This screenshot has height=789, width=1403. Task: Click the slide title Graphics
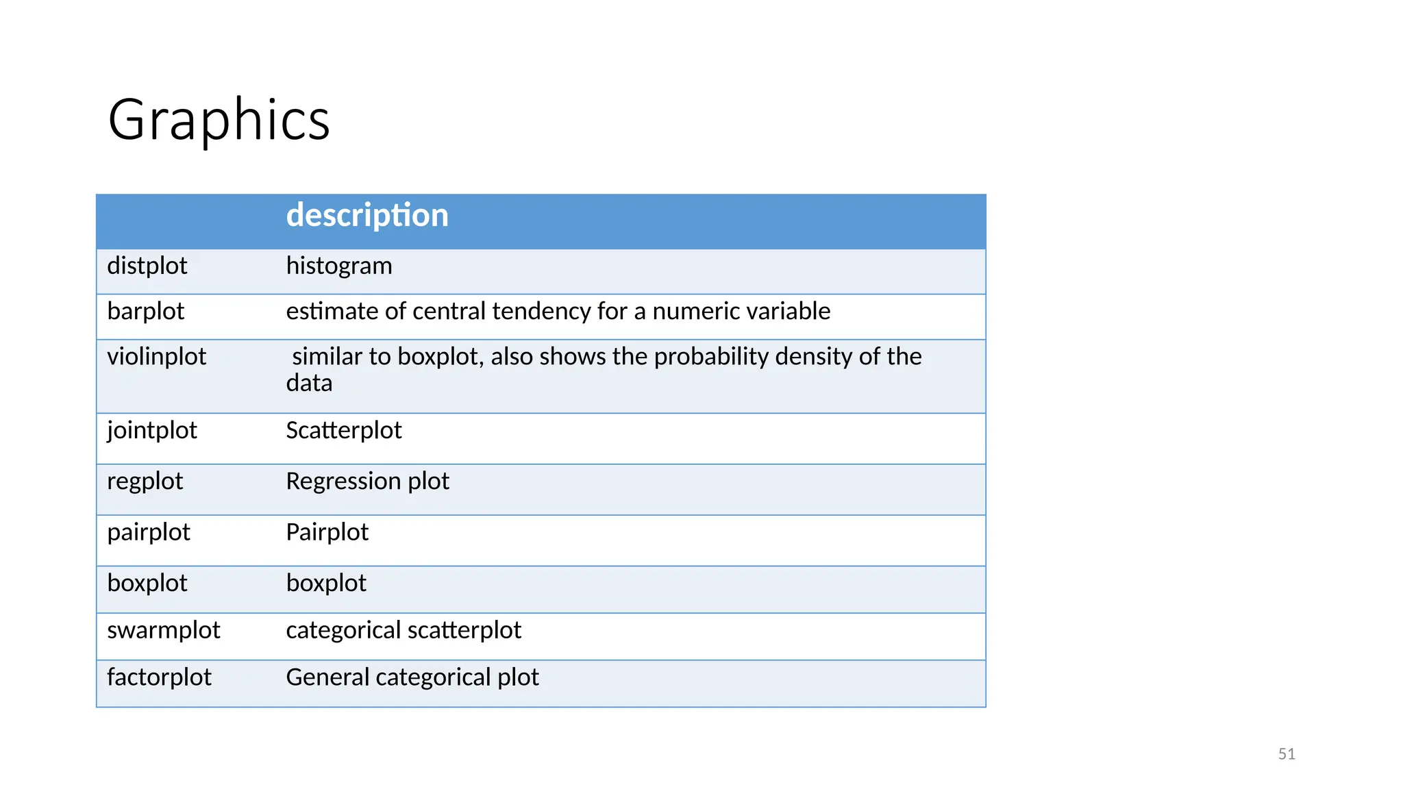point(219,120)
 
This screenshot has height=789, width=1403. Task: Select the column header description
point(367,216)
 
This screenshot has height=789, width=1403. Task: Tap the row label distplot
point(147,266)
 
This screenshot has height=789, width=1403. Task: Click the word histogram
point(339,266)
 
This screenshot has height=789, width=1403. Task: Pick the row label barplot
point(145,312)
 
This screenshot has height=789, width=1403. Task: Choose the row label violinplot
point(156,357)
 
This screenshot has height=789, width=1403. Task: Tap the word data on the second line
point(309,384)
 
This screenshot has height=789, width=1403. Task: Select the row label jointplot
point(151,431)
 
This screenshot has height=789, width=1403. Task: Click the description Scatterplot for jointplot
point(343,431)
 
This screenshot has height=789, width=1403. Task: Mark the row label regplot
point(145,481)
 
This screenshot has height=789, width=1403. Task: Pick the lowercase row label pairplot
point(148,532)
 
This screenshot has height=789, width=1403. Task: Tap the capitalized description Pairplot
point(327,532)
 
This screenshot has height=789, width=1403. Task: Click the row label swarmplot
point(163,630)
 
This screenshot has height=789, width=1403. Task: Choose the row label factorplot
point(159,677)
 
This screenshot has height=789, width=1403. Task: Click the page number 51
point(1286,754)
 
